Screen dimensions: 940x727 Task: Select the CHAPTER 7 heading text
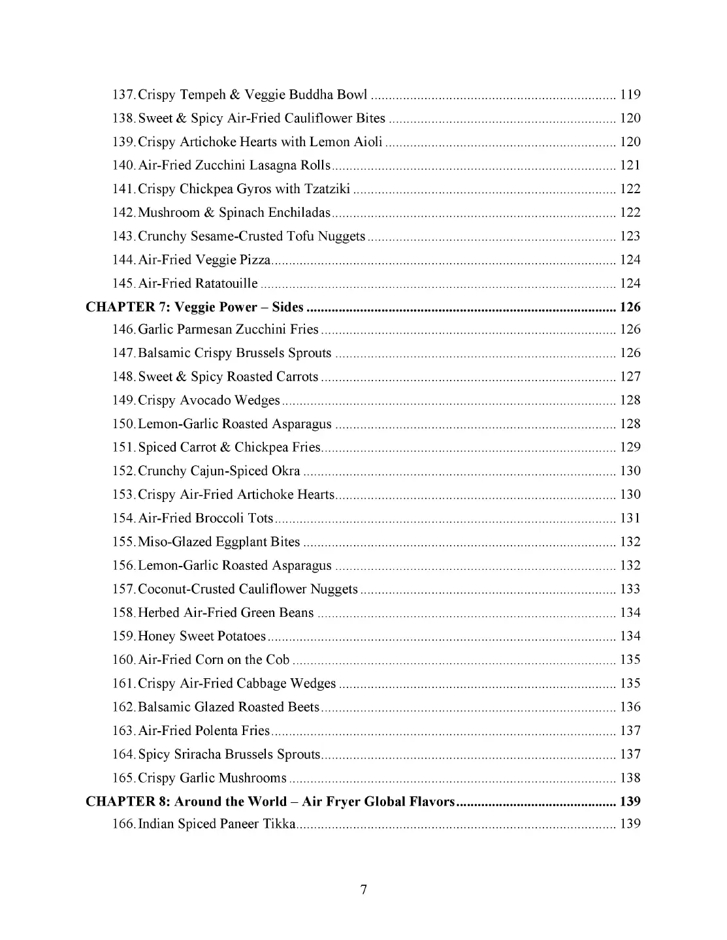point(195,307)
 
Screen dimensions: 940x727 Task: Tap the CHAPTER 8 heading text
point(270,801)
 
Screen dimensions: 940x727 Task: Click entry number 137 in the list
point(123,95)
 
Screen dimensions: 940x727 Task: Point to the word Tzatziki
point(327,189)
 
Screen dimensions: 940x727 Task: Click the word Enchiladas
point(298,213)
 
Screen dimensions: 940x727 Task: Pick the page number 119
point(630,95)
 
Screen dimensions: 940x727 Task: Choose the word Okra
point(286,471)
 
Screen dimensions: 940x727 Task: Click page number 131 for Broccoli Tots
point(630,518)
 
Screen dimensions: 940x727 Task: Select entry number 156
point(123,565)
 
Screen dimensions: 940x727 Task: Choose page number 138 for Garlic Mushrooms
point(630,777)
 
